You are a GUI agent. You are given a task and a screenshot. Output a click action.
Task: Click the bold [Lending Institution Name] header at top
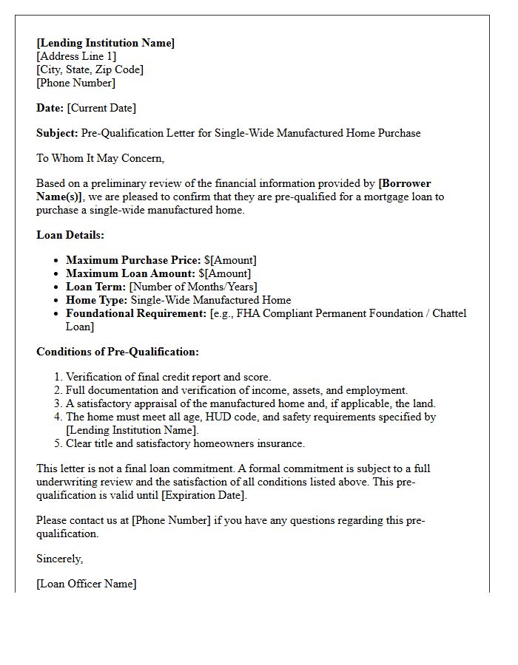[105, 43]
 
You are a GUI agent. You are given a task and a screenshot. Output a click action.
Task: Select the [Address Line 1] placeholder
[76, 56]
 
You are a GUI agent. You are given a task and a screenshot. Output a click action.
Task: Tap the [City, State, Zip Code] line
[90, 69]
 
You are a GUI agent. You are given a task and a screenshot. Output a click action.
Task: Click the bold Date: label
[50, 108]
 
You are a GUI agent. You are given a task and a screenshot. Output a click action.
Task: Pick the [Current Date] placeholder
[101, 108]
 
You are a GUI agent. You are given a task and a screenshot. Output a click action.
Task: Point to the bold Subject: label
[57, 133]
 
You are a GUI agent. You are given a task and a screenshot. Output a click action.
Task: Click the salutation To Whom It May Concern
[100, 158]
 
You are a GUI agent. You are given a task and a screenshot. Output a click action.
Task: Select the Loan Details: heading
[70, 235]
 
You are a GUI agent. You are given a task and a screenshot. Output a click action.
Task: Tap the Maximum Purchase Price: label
[133, 260]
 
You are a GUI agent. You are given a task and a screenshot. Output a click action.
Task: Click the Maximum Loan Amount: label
[130, 273]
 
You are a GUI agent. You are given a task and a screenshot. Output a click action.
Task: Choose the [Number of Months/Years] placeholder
[193, 287]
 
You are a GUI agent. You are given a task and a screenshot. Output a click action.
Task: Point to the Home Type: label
[96, 300]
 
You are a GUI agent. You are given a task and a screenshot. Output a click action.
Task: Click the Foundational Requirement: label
[135, 313]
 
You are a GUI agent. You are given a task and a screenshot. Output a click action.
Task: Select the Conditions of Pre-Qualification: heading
[118, 352]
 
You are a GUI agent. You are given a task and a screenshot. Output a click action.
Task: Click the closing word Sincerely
[59, 559]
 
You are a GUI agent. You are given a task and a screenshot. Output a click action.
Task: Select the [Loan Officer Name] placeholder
[86, 584]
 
